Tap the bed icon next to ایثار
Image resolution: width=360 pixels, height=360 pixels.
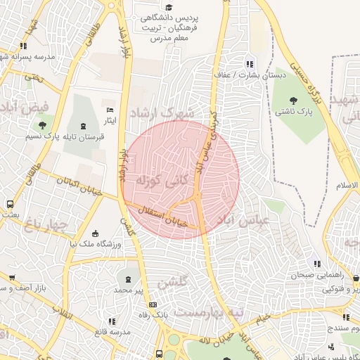click(x=109, y=110)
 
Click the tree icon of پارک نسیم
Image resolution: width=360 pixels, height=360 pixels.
click(x=43, y=125)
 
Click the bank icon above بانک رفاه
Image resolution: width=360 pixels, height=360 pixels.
click(x=153, y=304)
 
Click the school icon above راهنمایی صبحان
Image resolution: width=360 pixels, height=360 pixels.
click(x=317, y=264)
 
